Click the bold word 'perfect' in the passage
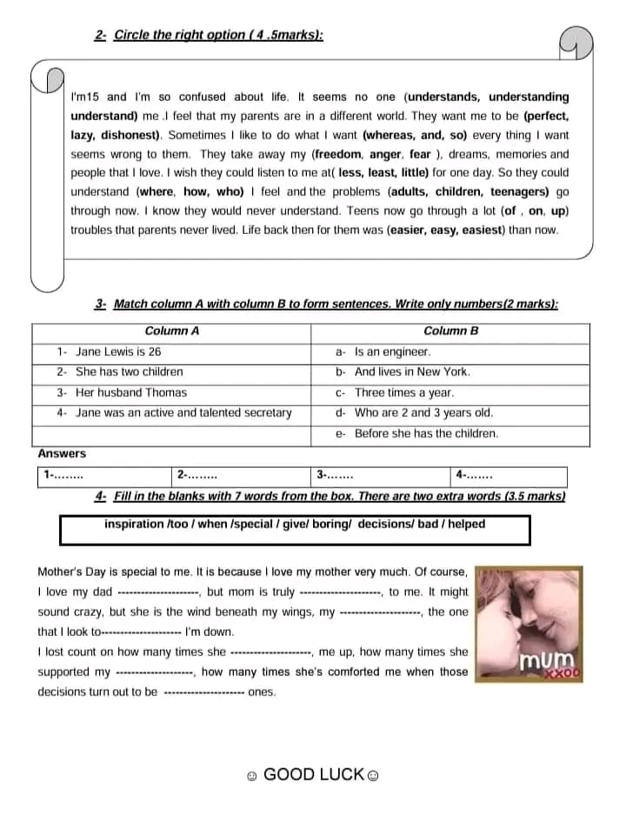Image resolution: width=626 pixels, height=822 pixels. pyautogui.click(x=548, y=116)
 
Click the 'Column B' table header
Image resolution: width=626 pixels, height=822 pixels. pyautogui.click(x=450, y=331)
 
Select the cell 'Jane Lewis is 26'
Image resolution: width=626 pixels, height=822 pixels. pyautogui.click(x=117, y=352)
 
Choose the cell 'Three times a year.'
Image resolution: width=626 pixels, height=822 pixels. pyautogui.click(x=403, y=393)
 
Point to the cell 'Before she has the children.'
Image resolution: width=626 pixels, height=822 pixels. pyautogui.click(x=426, y=433)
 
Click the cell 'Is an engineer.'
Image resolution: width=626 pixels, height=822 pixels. pyautogui.click(x=392, y=352)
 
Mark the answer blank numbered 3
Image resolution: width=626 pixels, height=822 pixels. pyautogui.click(x=335, y=476)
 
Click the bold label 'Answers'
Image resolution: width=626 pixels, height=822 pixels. pyautogui.click(x=62, y=454)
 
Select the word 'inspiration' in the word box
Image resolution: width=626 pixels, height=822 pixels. pyautogui.click(x=134, y=525)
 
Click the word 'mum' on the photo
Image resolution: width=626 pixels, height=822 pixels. pyautogui.click(x=546, y=660)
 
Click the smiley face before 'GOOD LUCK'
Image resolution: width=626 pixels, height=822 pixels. pyautogui.click(x=251, y=775)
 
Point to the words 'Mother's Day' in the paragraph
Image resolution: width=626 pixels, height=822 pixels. pyautogui.click(x=70, y=572)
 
